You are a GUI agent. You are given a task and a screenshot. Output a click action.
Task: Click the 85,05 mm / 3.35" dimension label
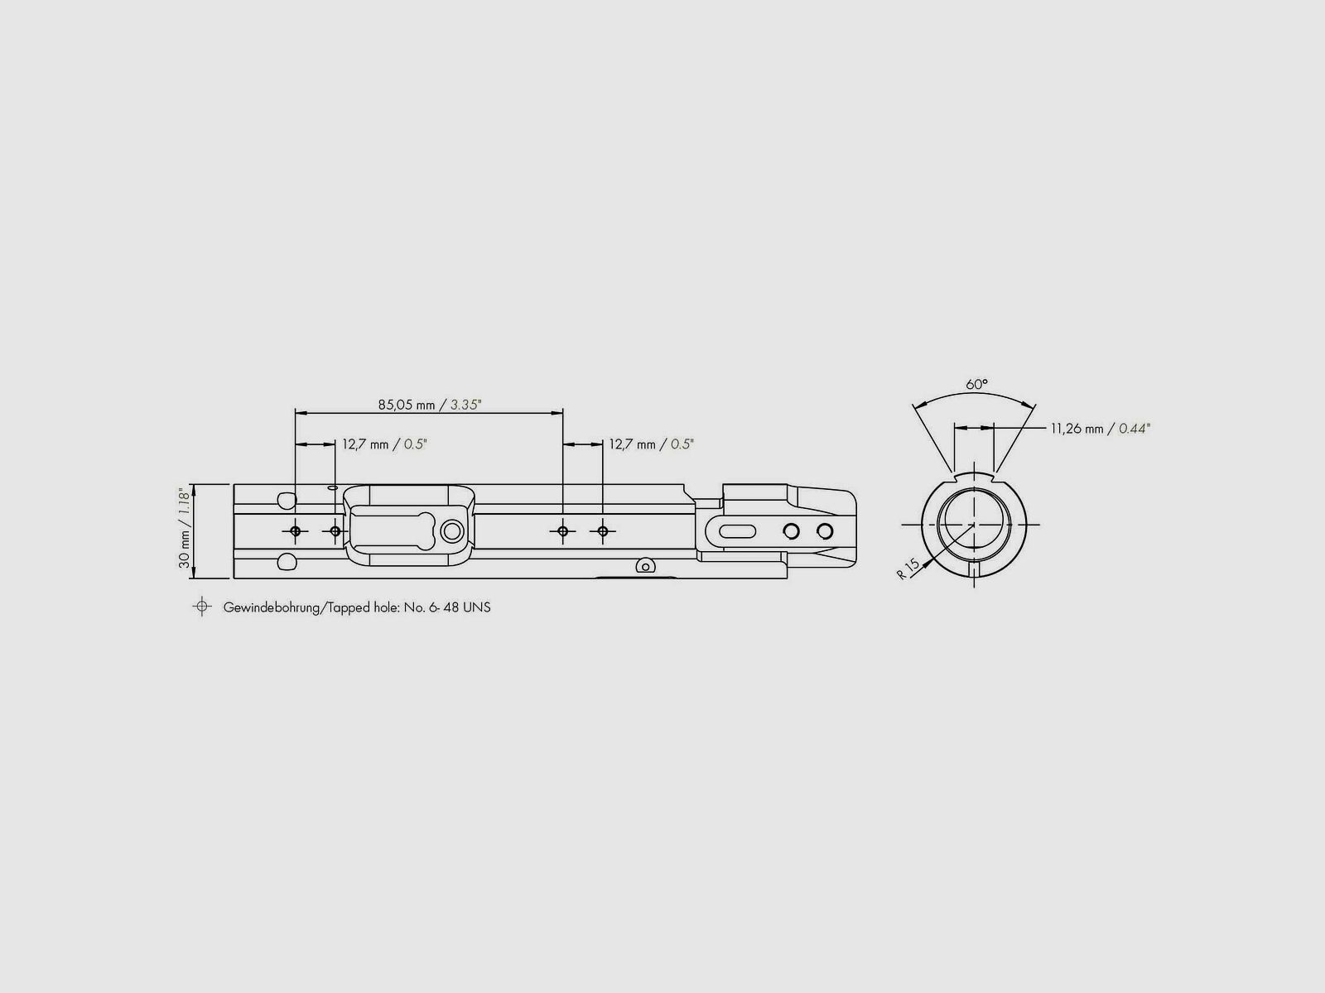click(430, 405)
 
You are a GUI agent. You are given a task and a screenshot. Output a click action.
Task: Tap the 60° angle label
click(976, 384)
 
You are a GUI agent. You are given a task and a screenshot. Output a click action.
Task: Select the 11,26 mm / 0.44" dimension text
click(1101, 429)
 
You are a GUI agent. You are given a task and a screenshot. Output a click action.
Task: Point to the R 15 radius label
click(908, 568)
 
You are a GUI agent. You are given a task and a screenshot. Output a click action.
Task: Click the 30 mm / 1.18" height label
click(184, 528)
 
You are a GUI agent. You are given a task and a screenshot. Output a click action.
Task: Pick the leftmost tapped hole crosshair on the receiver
click(295, 531)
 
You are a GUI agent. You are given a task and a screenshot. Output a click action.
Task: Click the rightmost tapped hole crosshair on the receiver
click(602, 531)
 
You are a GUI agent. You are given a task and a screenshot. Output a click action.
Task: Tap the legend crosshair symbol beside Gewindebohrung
click(201, 606)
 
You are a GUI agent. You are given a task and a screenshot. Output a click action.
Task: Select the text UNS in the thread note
click(477, 607)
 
